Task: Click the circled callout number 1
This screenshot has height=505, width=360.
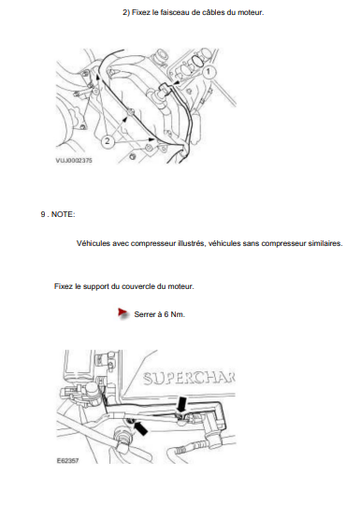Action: (x=209, y=71)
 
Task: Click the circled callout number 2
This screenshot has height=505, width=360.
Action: (x=108, y=141)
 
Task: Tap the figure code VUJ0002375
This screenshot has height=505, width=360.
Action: (x=74, y=160)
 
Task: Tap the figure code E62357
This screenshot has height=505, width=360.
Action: (x=67, y=461)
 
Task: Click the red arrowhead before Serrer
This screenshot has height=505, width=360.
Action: (x=122, y=312)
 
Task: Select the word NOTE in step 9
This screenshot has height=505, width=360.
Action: (x=63, y=214)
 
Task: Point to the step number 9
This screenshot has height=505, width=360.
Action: (x=43, y=214)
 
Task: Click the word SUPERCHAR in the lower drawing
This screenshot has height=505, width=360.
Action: (x=189, y=379)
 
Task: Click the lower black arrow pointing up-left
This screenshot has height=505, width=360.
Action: (x=140, y=428)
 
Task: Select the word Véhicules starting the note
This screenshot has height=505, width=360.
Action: (x=93, y=243)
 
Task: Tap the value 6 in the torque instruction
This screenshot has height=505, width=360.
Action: (x=166, y=314)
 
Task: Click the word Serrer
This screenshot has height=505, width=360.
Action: (x=145, y=314)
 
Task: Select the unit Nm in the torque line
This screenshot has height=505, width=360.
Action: (x=178, y=314)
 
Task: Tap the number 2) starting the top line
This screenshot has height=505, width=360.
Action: (x=126, y=13)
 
